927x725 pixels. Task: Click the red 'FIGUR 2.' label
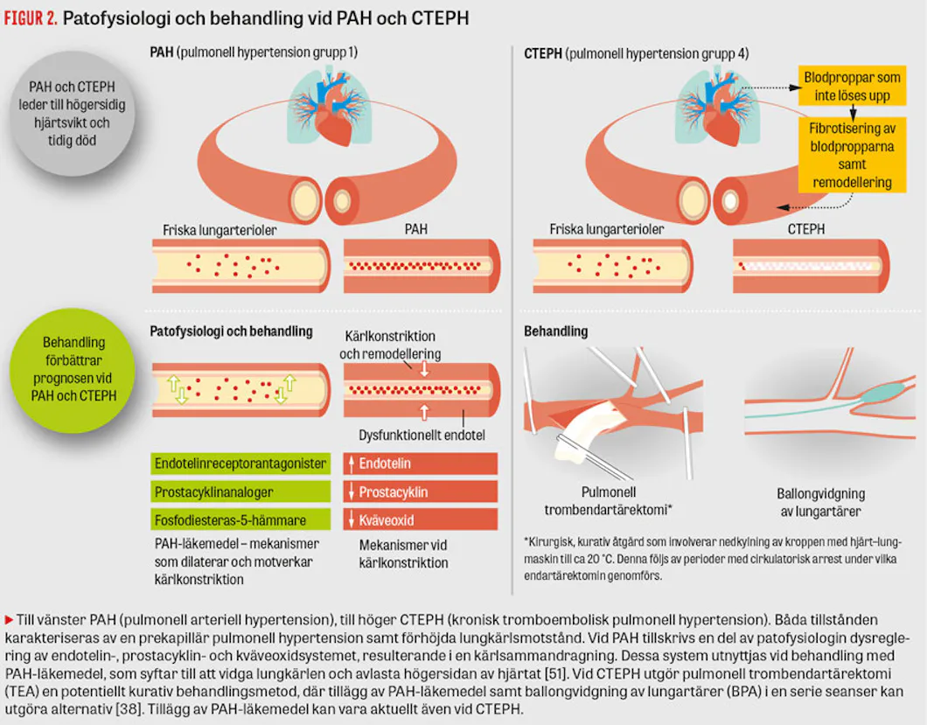[31, 18]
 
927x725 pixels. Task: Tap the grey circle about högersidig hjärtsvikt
[72, 113]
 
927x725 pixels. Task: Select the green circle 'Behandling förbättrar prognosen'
[73, 370]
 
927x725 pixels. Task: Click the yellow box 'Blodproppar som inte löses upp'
[852, 87]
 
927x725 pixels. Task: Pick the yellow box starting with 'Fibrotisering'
[852, 155]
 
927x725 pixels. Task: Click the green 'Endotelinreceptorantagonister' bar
[240, 463]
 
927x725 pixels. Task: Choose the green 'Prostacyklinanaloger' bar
[240, 491]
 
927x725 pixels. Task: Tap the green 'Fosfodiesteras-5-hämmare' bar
[240, 519]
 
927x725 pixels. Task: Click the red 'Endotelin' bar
[421, 463]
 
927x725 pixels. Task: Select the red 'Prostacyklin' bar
[421, 491]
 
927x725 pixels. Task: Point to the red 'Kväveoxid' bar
[421, 519]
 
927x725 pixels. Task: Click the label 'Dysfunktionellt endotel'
[422, 436]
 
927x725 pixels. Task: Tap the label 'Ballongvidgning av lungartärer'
[820, 502]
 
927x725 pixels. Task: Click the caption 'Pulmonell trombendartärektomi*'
[609, 501]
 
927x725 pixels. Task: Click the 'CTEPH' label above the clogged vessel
[805, 229]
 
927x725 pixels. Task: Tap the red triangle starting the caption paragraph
[9, 620]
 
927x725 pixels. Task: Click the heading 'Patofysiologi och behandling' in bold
[231, 331]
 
